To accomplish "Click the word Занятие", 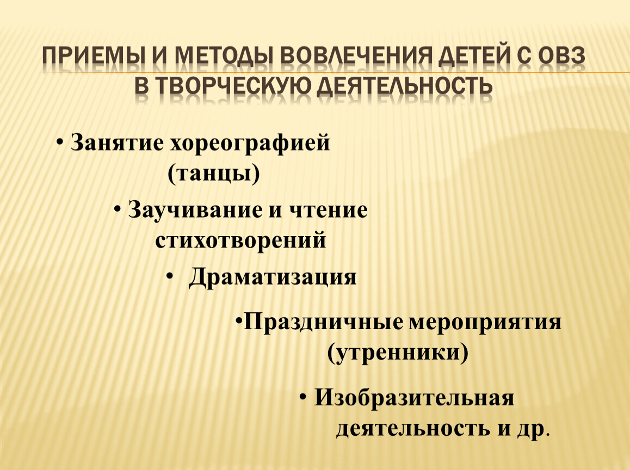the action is tap(117, 143).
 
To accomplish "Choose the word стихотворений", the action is tap(240, 241).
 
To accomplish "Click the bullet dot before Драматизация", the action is tap(170, 276).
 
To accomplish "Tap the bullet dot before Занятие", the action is tap(60, 142).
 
